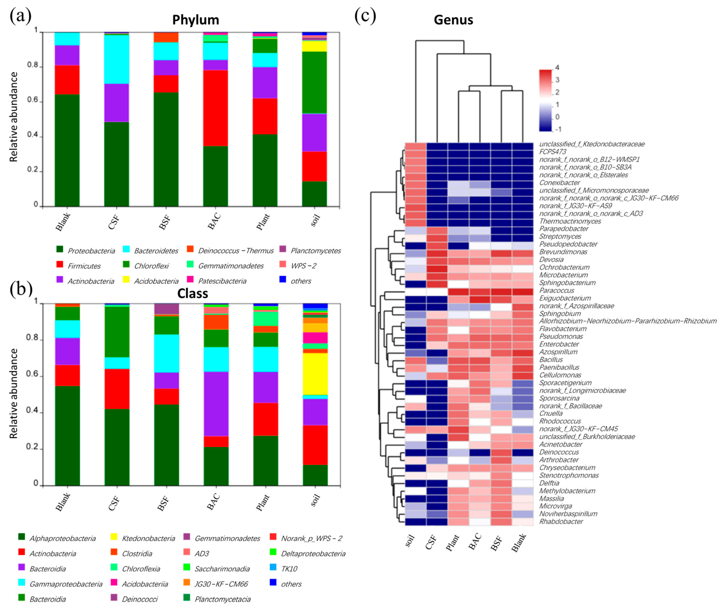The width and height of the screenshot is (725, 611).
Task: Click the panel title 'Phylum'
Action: click(x=195, y=20)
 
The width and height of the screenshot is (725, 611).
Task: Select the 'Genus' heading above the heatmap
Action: click(x=453, y=20)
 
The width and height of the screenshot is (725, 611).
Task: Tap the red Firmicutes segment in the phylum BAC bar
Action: click(x=215, y=108)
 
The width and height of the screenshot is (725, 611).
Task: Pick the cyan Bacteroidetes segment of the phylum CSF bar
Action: click(x=117, y=59)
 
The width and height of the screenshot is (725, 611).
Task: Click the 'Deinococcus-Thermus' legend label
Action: click(x=236, y=250)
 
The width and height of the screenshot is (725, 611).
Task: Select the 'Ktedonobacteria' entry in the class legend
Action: click(x=148, y=538)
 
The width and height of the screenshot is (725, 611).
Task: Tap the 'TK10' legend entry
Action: click(x=289, y=568)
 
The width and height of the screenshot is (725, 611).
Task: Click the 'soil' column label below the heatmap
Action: click(x=410, y=540)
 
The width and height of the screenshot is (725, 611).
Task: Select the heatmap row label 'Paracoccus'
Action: click(x=556, y=290)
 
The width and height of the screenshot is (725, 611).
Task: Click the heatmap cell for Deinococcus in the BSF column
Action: click(x=501, y=452)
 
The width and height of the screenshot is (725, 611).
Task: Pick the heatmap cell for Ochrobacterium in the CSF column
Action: click(x=437, y=267)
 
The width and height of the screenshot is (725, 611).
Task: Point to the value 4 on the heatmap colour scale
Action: click(x=557, y=68)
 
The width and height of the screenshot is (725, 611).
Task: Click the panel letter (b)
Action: click(x=20, y=288)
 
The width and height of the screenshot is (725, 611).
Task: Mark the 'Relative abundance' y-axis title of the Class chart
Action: click(x=13, y=393)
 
